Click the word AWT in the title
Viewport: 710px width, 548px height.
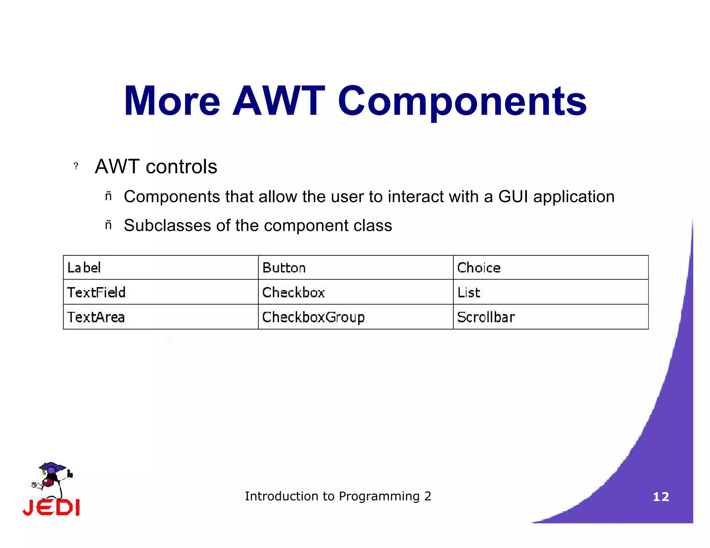(278, 101)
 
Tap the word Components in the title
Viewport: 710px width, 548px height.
(462, 101)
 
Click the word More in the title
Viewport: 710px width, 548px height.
(172, 101)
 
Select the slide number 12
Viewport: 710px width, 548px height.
(661, 497)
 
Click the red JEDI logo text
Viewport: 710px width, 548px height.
(52, 507)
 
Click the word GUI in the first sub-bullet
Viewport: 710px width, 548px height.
(513, 197)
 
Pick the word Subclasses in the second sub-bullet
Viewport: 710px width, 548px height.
(167, 226)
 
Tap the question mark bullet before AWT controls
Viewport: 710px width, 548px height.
(76, 166)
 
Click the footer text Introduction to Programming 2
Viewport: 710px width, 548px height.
(338, 496)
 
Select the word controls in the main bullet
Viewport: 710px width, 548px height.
(181, 167)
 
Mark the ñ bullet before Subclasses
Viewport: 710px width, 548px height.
(108, 225)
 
